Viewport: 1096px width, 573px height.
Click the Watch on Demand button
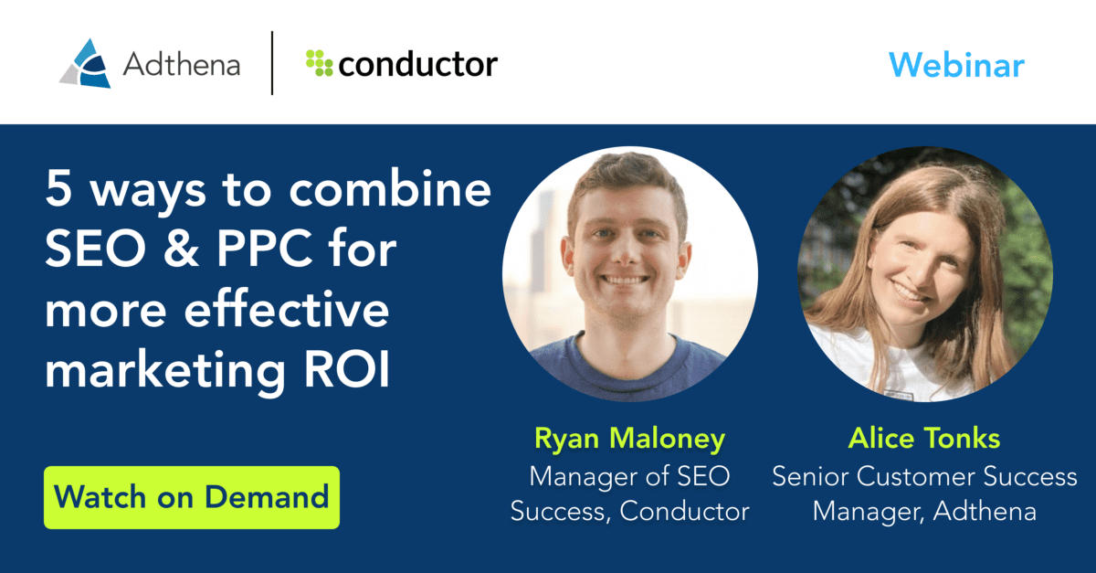192,497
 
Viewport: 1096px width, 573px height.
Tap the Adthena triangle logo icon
86,64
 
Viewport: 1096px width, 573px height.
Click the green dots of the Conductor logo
319,63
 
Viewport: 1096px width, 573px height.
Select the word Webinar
956,65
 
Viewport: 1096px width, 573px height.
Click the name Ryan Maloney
629,439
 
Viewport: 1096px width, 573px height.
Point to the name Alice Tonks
924,438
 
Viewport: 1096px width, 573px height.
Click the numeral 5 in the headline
59,188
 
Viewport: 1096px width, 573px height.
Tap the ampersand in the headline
181,248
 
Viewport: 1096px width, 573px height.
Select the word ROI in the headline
347,368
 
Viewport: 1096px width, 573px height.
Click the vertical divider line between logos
272,63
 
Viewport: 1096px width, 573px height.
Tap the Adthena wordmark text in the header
181,64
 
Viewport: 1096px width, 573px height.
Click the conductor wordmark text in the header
418,65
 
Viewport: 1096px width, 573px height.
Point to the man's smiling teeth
625,281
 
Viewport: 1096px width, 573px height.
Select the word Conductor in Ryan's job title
684,511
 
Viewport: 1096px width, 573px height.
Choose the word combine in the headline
390,188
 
